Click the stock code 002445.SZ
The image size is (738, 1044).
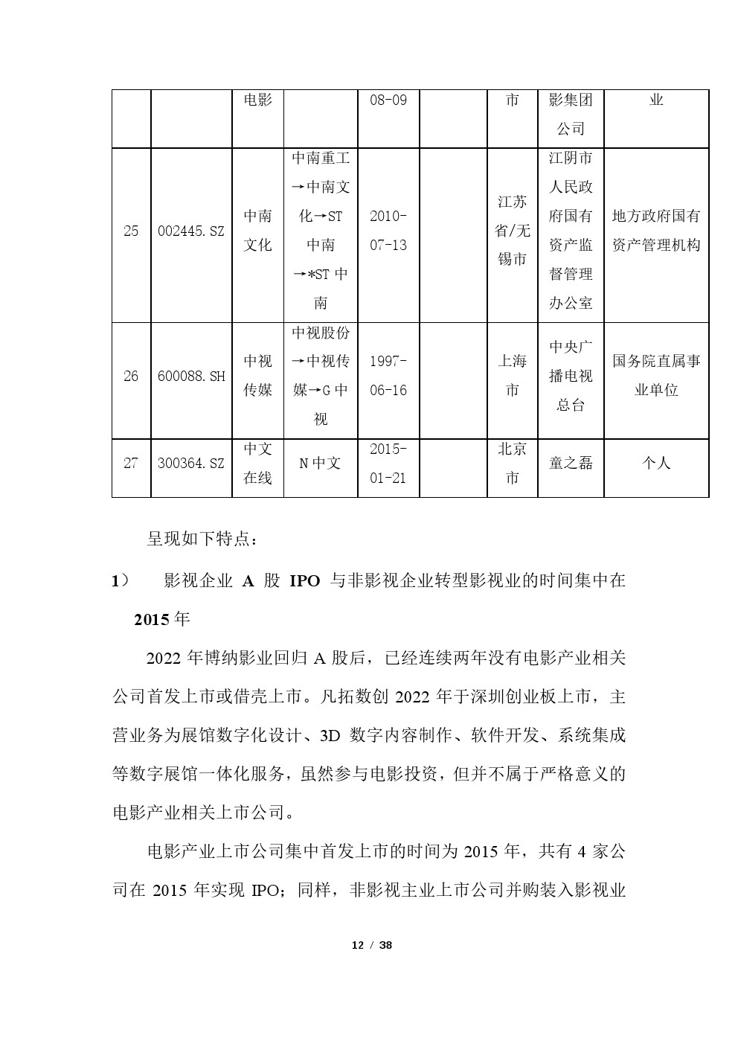pyautogui.click(x=191, y=231)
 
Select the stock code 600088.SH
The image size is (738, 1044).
pyautogui.click(x=191, y=376)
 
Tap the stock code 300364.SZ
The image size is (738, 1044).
pyautogui.click(x=191, y=463)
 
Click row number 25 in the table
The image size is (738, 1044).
pyautogui.click(x=131, y=231)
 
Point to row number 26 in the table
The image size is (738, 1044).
pyautogui.click(x=131, y=376)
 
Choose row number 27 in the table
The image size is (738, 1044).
pyautogui.click(x=131, y=463)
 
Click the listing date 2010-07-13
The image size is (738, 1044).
pyautogui.click(x=388, y=231)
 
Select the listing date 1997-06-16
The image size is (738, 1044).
pyautogui.click(x=388, y=376)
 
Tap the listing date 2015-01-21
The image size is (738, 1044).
pyautogui.click(x=388, y=463)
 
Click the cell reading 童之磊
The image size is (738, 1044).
pyautogui.click(x=571, y=463)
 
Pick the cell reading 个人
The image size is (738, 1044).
pyautogui.click(x=656, y=463)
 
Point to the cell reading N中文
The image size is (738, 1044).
pyautogui.click(x=320, y=463)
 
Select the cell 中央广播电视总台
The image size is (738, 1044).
pyautogui.click(x=571, y=376)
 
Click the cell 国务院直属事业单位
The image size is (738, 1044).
pyautogui.click(x=656, y=376)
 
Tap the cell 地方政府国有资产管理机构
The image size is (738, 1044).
pyautogui.click(x=656, y=231)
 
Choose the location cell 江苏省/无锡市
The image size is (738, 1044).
pyautogui.click(x=512, y=231)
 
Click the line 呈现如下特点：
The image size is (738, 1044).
pyautogui.click(x=202, y=539)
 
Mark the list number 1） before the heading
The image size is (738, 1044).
pyautogui.click(x=120, y=581)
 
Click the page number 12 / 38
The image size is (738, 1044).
pyautogui.click(x=371, y=945)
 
